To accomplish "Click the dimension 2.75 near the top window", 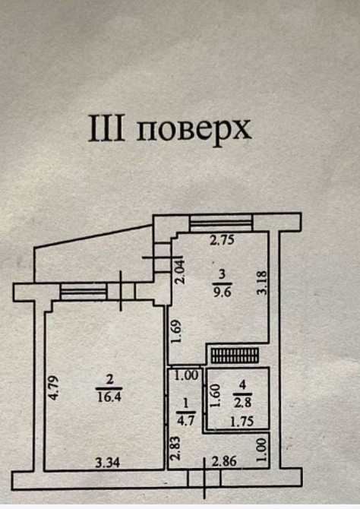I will (221, 241).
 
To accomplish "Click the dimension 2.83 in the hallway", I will (175, 449).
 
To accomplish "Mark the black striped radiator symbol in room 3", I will (235, 355).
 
